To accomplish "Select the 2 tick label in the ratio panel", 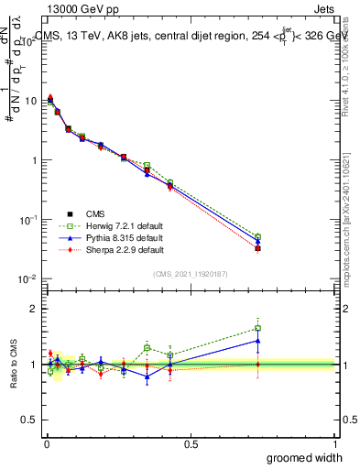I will click(36, 309).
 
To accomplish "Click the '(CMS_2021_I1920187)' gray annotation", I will click(191, 274).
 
